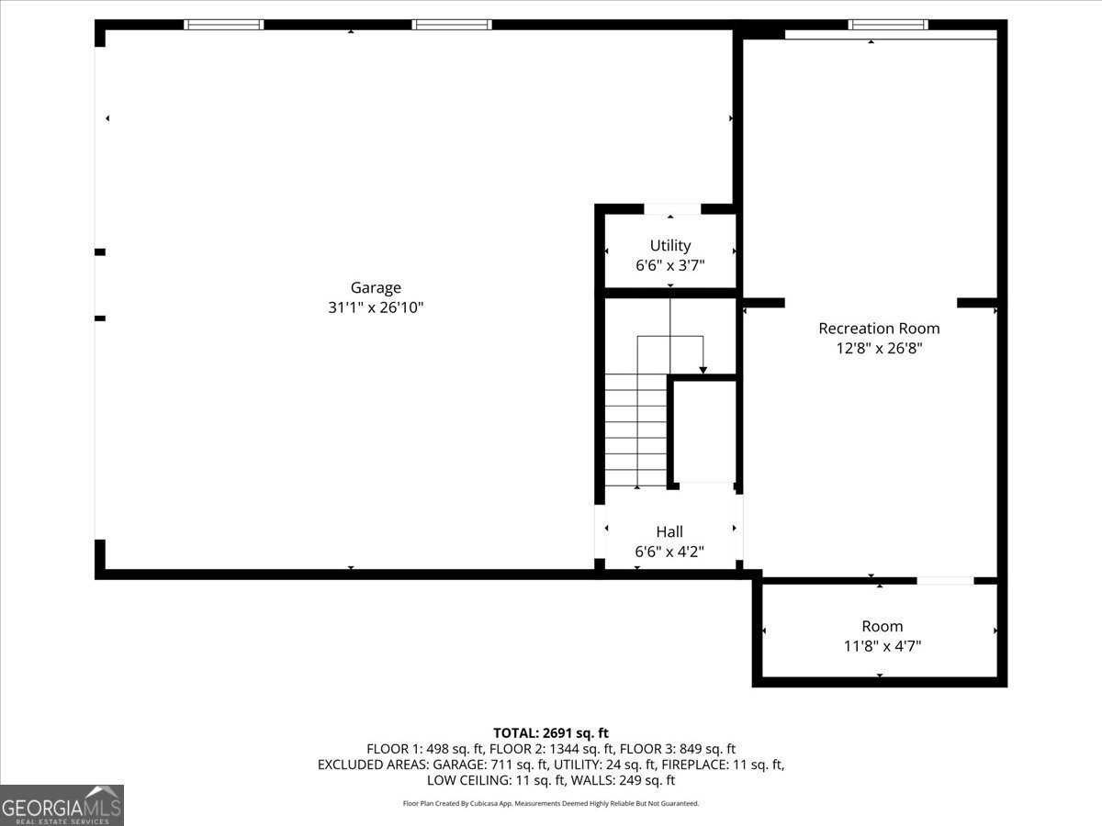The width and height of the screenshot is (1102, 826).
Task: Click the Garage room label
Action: tap(376, 287)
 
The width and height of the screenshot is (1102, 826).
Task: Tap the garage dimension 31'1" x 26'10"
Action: tap(376, 308)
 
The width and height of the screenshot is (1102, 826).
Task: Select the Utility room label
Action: tap(669, 245)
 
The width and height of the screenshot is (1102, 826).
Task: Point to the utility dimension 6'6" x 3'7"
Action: tap(669, 265)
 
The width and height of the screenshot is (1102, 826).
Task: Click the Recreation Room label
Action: tap(879, 328)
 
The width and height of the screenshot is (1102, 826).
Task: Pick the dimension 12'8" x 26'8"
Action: tap(879, 348)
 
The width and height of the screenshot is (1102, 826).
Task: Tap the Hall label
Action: tap(669, 531)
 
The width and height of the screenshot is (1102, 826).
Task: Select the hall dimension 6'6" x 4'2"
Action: tap(669, 552)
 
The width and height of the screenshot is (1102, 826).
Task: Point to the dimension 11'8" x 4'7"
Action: tap(882, 646)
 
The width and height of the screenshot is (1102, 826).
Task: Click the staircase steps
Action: tap(635, 431)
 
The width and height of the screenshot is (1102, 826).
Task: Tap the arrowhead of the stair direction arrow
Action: tap(703, 369)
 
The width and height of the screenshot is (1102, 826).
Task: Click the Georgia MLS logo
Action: tap(62, 805)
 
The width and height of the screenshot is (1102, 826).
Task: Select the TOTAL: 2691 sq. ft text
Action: tap(551, 732)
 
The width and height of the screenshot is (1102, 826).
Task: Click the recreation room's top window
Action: tap(887, 25)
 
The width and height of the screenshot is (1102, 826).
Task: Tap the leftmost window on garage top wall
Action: tap(224, 25)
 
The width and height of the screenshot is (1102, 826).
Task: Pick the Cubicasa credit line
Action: tap(551, 803)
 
